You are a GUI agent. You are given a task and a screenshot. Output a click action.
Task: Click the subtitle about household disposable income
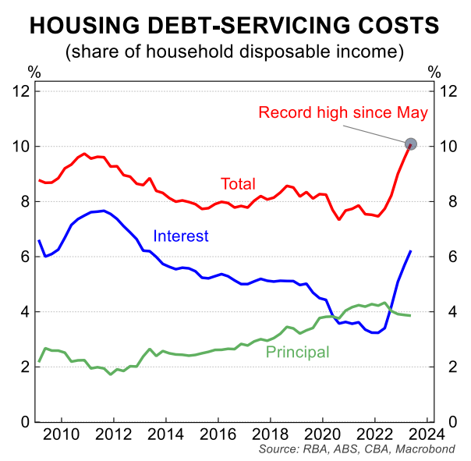click(235, 52)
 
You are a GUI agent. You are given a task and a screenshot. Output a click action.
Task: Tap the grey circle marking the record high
click(412, 144)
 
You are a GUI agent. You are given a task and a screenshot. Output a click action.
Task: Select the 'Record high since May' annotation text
click(343, 113)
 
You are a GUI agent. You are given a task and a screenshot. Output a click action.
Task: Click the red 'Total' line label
click(238, 185)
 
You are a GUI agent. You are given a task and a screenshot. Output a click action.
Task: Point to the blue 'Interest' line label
click(180, 236)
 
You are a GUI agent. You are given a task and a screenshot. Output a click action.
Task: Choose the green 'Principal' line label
click(297, 353)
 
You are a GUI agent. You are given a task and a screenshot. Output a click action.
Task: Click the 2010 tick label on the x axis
click(62, 434)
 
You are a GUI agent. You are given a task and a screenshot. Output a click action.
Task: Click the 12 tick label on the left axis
click(21, 91)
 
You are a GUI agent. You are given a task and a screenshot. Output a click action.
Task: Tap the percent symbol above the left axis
click(34, 73)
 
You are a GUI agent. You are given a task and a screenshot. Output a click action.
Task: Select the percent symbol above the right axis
click(434, 73)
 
